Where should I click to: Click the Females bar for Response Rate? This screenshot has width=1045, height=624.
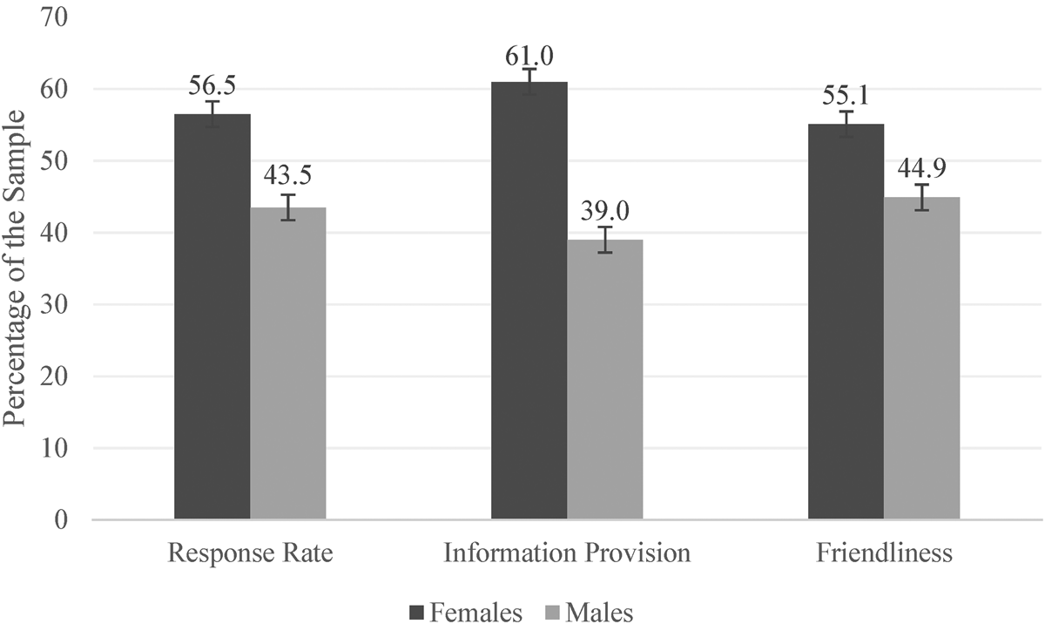click(212, 316)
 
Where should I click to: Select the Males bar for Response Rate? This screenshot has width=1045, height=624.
click(288, 363)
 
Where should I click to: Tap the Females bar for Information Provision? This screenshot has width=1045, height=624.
click(529, 300)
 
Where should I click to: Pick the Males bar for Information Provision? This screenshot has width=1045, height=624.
click(605, 379)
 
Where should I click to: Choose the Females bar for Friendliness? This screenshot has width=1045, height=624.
click(846, 322)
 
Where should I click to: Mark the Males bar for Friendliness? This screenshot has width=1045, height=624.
click(922, 358)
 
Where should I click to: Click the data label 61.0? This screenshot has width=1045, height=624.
click(529, 57)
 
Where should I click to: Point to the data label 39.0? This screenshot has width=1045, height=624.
click(605, 212)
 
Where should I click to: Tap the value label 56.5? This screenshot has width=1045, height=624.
click(212, 86)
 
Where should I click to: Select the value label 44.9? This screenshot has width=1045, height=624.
click(922, 168)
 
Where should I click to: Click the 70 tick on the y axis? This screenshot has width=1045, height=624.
click(55, 17)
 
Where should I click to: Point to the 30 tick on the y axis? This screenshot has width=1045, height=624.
click(55, 305)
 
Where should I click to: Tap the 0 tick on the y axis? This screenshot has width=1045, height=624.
click(61, 520)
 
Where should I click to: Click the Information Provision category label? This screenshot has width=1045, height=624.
click(567, 553)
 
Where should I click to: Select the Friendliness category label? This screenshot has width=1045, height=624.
click(885, 553)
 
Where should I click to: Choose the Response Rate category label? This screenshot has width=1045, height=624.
click(251, 553)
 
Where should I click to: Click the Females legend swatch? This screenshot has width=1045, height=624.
click(416, 612)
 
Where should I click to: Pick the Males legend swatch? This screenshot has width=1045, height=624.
click(552, 612)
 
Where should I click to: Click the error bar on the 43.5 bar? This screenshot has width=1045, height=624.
click(288, 207)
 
